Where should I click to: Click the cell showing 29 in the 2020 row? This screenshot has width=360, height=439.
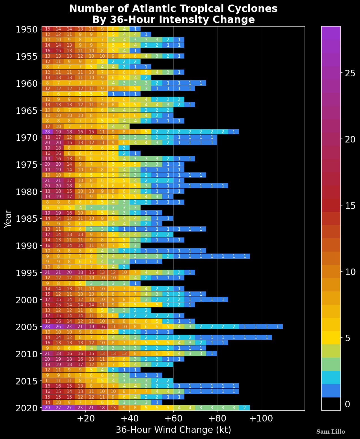tap(48, 408)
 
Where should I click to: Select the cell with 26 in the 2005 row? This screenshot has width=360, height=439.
tap(58, 326)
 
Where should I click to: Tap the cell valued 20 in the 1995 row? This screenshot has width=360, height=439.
tap(69, 273)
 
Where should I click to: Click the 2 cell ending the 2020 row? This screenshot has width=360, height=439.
tap(245, 408)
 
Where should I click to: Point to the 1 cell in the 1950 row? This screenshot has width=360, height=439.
tap(135, 29)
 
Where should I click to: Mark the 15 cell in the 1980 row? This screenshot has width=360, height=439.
tap(69, 191)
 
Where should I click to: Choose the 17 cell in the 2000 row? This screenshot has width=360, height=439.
tap(48, 300)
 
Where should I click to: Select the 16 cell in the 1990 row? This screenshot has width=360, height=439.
tap(48, 245)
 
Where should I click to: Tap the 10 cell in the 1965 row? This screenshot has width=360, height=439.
tap(48, 110)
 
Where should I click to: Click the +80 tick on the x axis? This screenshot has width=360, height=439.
tap(217, 419)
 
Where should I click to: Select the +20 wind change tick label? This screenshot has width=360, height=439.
tap(85, 419)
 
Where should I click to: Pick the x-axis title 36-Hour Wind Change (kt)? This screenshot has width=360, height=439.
tap(173, 430)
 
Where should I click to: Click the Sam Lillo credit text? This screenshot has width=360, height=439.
tap(331, 432)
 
